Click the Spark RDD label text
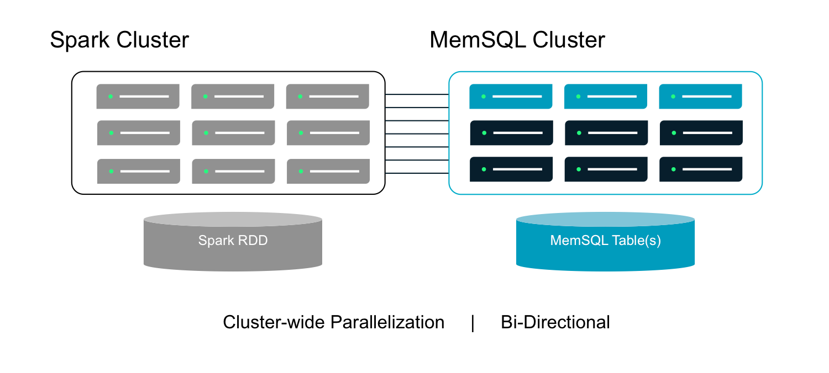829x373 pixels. click(x=233, y=241)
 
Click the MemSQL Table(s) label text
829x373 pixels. click(x=605, y=241)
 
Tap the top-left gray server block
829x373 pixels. click(x=138, y=97)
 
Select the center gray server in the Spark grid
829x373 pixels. click(x=233, y=133)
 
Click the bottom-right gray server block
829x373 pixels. click(x=328, y=172)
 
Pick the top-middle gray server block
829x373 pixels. click(x=233, y=97)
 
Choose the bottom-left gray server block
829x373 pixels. click(x=138, y=172)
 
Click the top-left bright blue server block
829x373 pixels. click(x=511, y=97)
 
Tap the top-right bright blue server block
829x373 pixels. click(x=700, y=97)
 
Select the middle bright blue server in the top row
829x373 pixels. click(x=606, y=97)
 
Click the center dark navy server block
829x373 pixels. click(x=606, y=133)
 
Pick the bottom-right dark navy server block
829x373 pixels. click(x=701, y=169)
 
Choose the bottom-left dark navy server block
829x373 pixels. click(x=511, y=169)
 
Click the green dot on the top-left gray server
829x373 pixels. click(x=111, y=97)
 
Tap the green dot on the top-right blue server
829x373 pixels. click(x=673, y=97)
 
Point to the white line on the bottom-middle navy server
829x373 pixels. click(x=612, y=169)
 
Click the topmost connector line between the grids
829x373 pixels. click(x=416, y=94)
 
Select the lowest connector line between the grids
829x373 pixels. click(x=416, y=173)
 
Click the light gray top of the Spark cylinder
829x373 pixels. click(x=233, y=219)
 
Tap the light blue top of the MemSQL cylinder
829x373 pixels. click(x=605, y=219)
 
